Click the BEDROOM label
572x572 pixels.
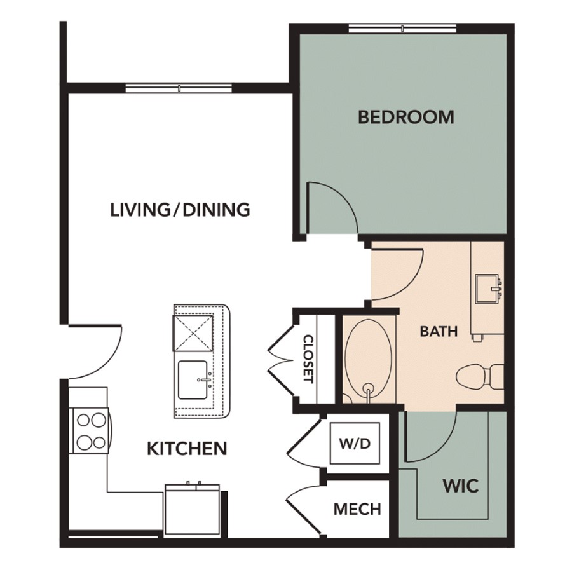coord(405,117)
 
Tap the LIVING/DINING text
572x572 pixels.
coord(180,210)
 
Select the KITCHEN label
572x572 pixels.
coord(187,449)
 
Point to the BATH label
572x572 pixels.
coord(439,331)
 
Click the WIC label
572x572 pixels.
coord(460,486)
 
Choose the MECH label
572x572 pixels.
coord(357,509)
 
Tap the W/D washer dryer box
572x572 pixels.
coord(355,443)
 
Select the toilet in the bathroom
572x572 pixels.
coord(480,376)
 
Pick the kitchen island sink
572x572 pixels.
coord(193,380)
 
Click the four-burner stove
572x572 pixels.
coord(91,431)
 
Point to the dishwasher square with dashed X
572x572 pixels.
coord(192,332)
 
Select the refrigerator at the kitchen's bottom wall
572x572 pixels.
coord(192,511)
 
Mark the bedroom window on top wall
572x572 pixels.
coord(402,28)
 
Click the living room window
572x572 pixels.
coord(179,88)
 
